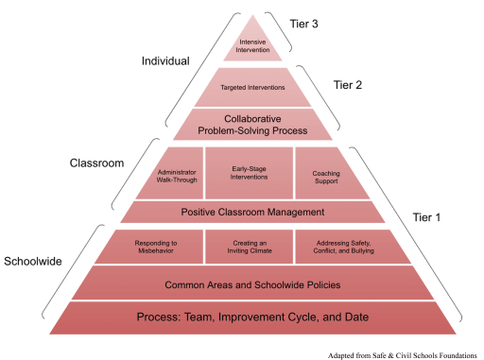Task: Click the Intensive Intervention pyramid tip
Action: click(251, 43)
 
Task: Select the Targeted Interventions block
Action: click(252, 87)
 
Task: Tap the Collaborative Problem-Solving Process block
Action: click(251, 124)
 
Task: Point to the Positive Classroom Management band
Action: click(251, 212)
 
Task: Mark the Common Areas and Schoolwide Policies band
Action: click(251, 284)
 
